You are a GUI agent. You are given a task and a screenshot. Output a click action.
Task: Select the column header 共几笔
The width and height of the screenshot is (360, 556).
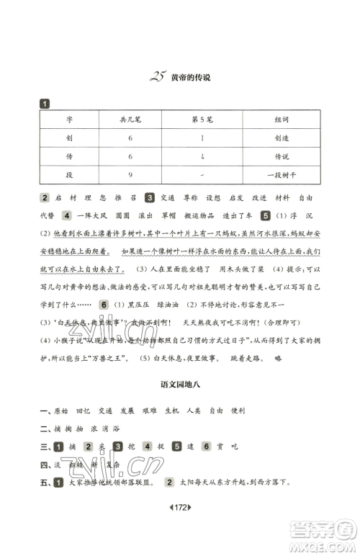click(x=130, y=119)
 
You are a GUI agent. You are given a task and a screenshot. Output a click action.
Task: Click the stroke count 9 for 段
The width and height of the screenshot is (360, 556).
click(x=130, y=173)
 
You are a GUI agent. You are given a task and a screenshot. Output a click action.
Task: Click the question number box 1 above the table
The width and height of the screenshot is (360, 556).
click(x=45, y=103)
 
